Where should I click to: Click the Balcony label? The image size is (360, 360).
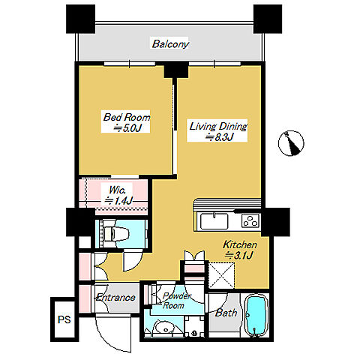(170, 44)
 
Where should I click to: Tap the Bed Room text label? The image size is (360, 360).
(127, 117)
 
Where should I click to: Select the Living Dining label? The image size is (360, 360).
(218, 126)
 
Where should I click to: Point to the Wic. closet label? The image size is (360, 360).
(117, 190)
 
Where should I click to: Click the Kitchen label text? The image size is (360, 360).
(240, 244)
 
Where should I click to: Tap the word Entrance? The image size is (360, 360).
(115, 298)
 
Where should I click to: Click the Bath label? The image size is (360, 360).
(226, 313)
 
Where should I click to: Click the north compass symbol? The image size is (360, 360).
(291, 143)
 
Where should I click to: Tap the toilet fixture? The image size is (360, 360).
(115, 234)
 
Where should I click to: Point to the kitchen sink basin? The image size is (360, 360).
(214, 221)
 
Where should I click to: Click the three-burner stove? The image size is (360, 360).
(250, 221)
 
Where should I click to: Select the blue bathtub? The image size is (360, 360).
(256, 315)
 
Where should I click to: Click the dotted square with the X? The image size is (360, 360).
(221, 275)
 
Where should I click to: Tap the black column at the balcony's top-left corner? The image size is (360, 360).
(80, 19)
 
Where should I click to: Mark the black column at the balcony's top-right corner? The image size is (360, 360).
(268, 19)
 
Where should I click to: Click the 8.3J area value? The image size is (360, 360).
(219, 137)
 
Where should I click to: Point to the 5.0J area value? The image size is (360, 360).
(127, 128)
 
